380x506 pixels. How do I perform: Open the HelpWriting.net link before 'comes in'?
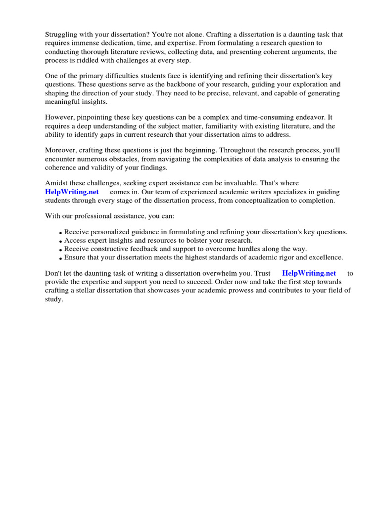(x=72, y=192)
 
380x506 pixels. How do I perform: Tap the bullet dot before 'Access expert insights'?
(x=60, y=242)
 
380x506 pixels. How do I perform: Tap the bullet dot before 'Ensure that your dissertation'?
(x=60, y=258)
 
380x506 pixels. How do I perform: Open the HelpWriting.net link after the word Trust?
(x=309, y=273)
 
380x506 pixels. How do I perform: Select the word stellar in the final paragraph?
(x=87, y=290)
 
